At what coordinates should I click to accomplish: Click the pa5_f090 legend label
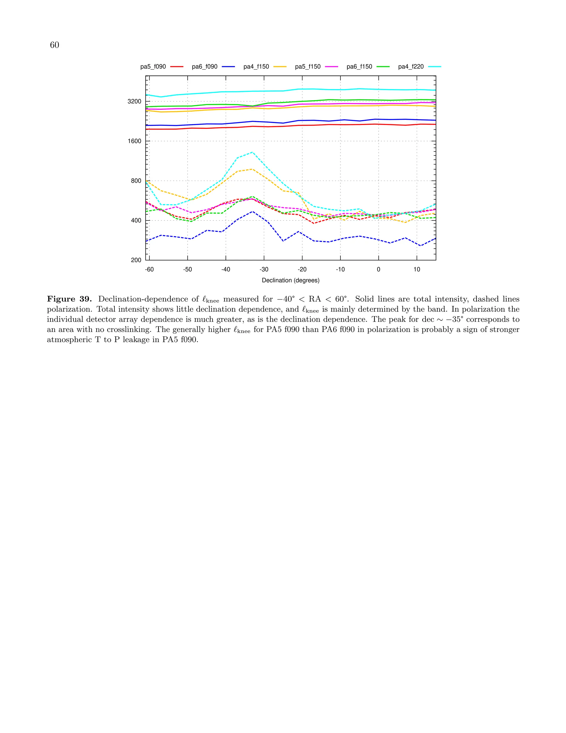pyautogui.click(x=153, y=67)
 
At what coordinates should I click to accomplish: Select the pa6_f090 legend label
pyautogui.click(x=205, y=67)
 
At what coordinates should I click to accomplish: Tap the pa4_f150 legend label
pyautogui.click(x=256, y=67)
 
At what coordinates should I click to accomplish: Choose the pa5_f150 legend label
pyautogui.click(x=308, y=67)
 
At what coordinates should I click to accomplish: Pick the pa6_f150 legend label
pyautogui.click(x=360, y=67)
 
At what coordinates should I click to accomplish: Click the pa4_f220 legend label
pyautogui.click(x=411, y=67)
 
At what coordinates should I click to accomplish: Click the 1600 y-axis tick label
pyautogui.click(x=135, y=141)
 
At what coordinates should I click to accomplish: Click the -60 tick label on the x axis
pyautogui.click(x=149, y=269)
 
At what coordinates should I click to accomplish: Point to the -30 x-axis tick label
pyautogui.click(x=264, y=269)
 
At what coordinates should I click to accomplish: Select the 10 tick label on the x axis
pyautogui.click(x=417, y=269)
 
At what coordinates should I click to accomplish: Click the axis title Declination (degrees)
pyautogui.click(x=290, y=280)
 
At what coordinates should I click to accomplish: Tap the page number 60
pyautogui.click(x=54, y=45)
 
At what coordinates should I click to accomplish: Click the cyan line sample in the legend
pyautogui.click(x=434, y=67)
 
